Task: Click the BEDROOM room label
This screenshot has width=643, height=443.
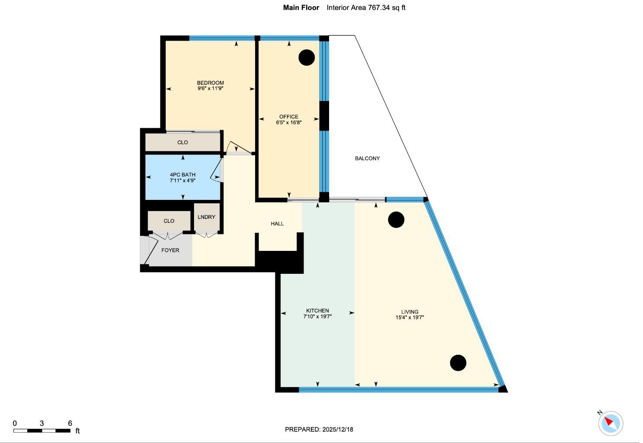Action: (x=210, y=83)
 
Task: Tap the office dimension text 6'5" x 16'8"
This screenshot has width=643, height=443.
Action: (x=288, y=122)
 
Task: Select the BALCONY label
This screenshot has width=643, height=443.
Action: (x=367, y=158)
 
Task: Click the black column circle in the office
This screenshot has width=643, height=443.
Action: (x=307, y=58)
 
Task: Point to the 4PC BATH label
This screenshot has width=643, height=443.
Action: (x=182, y=175)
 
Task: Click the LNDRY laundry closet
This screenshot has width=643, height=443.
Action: (x=207, y=217)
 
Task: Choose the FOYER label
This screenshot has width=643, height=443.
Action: (x=170, y=250)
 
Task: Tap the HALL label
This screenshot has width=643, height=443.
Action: (x=277, y=224)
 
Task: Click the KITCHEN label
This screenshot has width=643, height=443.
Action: (x=317, y=311)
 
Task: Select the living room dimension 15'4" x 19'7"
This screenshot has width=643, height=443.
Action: (x=409, y=318)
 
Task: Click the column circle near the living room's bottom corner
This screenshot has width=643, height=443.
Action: (x=458, y=363)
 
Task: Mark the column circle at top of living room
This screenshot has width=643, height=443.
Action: (x=396, y=220)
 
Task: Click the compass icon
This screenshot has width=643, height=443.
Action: (x=611, y=423)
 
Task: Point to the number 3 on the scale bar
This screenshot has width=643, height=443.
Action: (x=42, y=423)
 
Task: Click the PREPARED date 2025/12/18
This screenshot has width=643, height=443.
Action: (x=337, y=429)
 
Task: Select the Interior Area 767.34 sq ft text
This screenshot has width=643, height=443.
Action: (x=366, y=7)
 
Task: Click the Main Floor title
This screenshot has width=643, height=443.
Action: (x=301, y=7)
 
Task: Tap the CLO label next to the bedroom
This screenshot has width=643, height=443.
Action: (x=182, y=142)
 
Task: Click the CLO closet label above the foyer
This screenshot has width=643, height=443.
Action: (x=169, y=221)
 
